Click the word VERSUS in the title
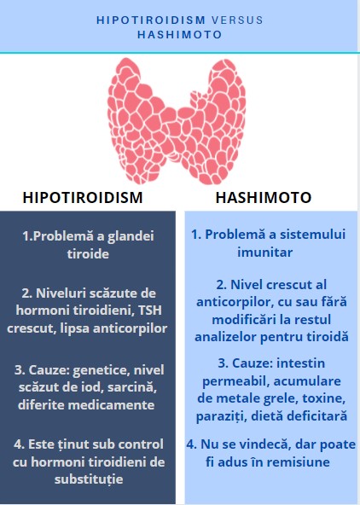pos(237,20)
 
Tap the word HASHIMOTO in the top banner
pos(180,34)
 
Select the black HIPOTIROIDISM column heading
pos(83,197)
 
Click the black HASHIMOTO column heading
pos(264,197)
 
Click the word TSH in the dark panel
pos(150,311)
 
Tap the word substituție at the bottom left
pos(89,479)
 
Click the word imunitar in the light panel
pos(265,252)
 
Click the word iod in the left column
pos(93,387)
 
